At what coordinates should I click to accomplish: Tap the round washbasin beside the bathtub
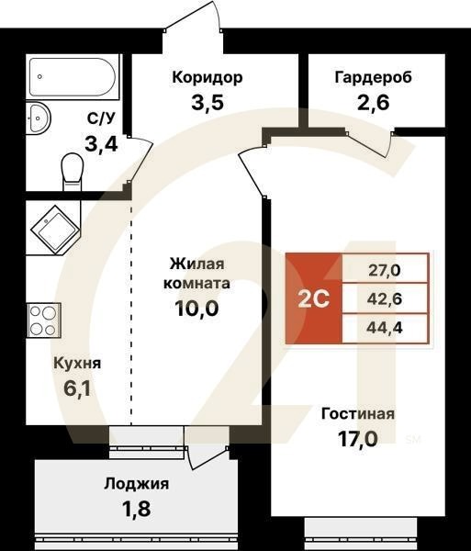40,118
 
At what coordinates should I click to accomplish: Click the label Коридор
207,77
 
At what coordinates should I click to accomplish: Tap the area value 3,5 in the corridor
207,101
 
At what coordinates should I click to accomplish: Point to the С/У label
101,118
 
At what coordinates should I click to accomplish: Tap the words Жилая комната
196,274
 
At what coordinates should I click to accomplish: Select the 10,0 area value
196,309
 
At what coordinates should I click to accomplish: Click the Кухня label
77,363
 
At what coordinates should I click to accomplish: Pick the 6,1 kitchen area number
77,388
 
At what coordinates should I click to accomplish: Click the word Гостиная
357,414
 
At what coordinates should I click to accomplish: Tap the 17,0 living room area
357,439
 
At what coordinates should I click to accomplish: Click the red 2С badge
313,298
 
